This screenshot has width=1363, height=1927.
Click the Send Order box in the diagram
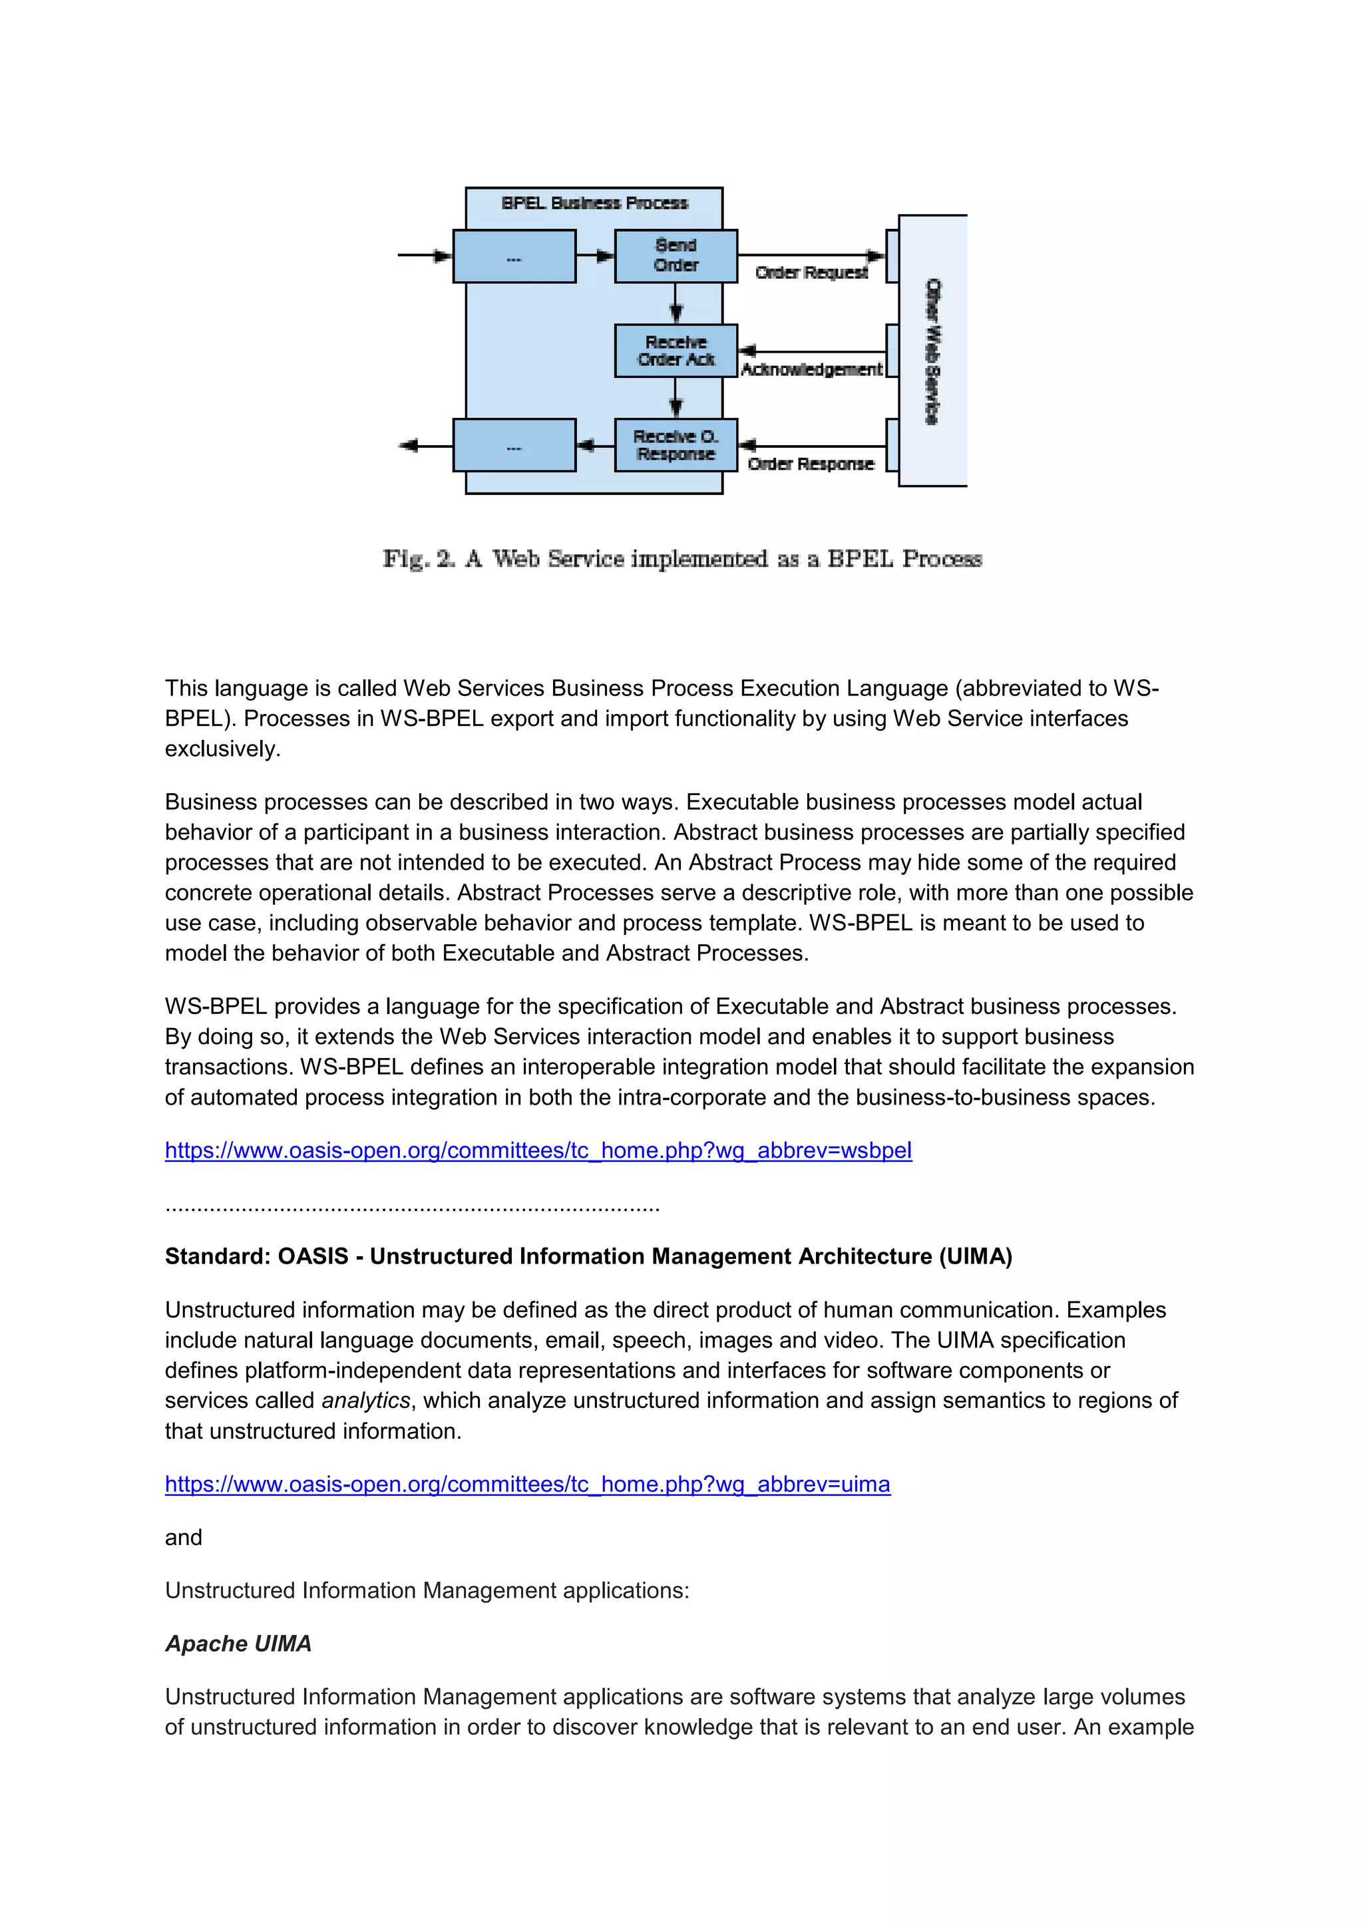676,255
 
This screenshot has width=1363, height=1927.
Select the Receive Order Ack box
676,351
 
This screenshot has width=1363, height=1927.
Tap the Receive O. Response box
676,445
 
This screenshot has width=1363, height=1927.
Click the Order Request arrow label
811,273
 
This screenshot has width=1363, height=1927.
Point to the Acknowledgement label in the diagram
811,369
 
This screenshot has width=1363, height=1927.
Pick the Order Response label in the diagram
810,464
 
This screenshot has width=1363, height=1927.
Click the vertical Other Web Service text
932,351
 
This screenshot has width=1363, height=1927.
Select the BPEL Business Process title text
594,203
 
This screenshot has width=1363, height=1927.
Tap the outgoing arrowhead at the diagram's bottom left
409,446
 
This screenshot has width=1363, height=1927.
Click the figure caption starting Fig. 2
681,559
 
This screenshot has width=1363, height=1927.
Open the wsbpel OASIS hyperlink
538,1150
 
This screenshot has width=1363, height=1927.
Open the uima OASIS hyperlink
527,1484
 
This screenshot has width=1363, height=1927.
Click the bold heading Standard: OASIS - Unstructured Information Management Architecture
588,1256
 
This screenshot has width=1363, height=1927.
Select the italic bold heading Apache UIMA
238,1644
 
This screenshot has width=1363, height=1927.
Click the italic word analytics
366,1401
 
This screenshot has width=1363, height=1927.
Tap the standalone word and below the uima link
183,1538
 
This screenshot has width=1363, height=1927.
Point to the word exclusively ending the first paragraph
222,749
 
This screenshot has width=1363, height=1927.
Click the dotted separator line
412,1207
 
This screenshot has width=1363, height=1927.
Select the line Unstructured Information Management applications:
427,1590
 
